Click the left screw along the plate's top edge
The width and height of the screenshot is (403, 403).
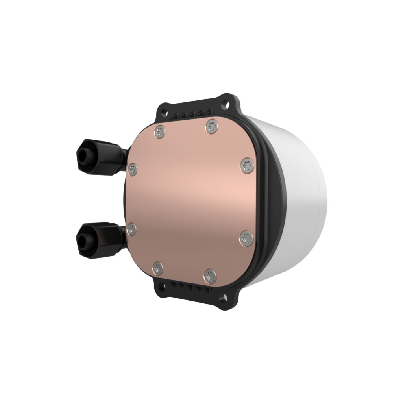(160, 131)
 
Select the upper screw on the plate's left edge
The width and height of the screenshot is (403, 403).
(133, 169)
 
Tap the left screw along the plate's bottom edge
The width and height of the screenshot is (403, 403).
(158, 268)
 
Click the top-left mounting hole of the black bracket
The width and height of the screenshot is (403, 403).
(163, 108)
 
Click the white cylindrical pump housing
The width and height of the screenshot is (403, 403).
(303, 197)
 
